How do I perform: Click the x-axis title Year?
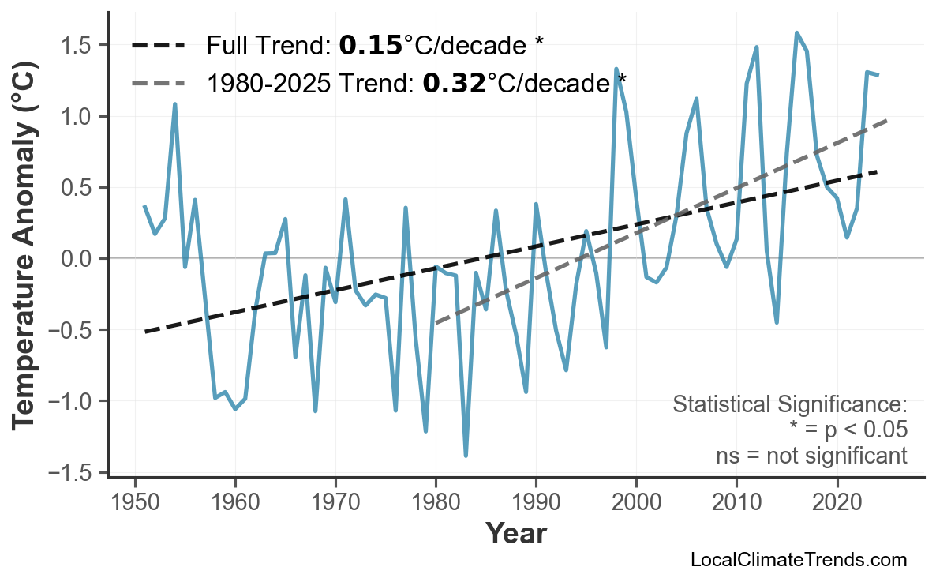[x=515, y=535]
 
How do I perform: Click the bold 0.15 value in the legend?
[x=370, y=46]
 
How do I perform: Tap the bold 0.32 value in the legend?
[x=454, y=82]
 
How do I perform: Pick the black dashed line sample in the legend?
[x=159, y=46]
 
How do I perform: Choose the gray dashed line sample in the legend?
[x=159, y=82]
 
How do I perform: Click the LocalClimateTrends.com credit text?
[x=798, y=561]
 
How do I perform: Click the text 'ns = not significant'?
[x=811, y=456]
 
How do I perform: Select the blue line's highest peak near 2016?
[x=797, y=33]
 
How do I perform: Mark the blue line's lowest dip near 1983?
[x=466, y=456]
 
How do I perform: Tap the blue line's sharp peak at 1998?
[x=616, y=69]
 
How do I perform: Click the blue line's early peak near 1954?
[x=174, y=104]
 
